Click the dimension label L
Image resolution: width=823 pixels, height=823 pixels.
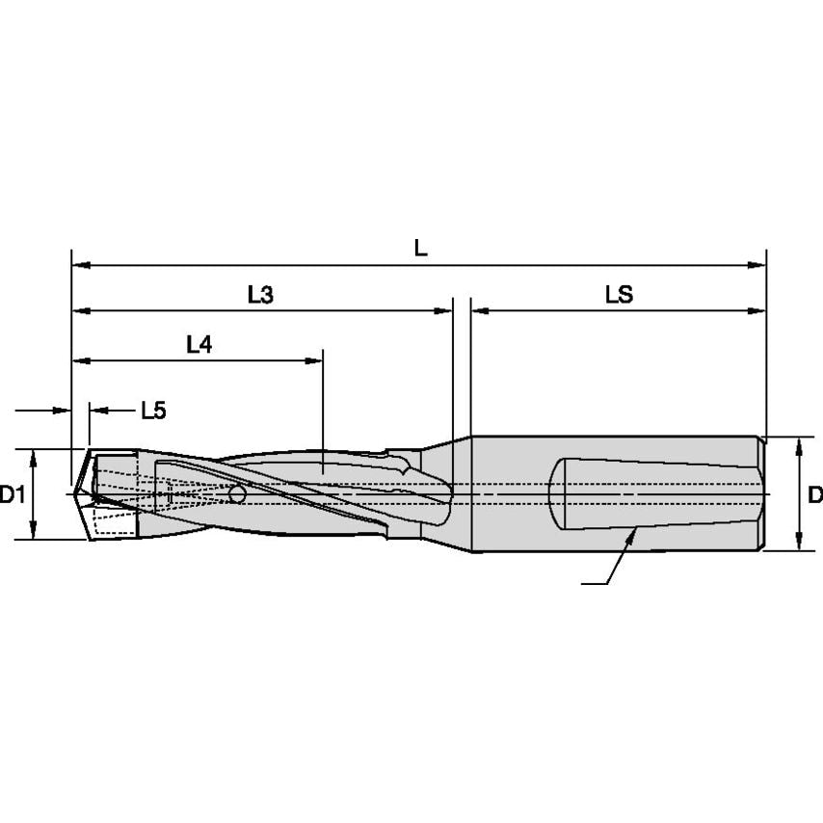point(420,248)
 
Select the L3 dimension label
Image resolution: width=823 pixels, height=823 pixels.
point(260,296)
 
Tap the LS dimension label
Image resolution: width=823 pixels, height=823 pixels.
point(619,296)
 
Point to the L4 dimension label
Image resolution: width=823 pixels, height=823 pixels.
point(199,345)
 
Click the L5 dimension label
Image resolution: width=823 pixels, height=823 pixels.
point(153,411)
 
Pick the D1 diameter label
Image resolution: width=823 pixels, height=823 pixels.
point(12,495)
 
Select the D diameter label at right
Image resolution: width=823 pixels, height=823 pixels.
point(814,495)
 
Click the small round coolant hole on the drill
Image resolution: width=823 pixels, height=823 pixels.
point(237,494)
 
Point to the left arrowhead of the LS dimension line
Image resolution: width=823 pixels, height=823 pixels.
point(479,311)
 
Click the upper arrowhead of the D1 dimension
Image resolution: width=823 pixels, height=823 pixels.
point(34,457)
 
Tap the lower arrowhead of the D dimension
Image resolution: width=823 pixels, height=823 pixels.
point(799,544)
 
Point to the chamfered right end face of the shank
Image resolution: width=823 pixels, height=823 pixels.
point(763,493)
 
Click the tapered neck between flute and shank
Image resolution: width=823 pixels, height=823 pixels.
point(448,493)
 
